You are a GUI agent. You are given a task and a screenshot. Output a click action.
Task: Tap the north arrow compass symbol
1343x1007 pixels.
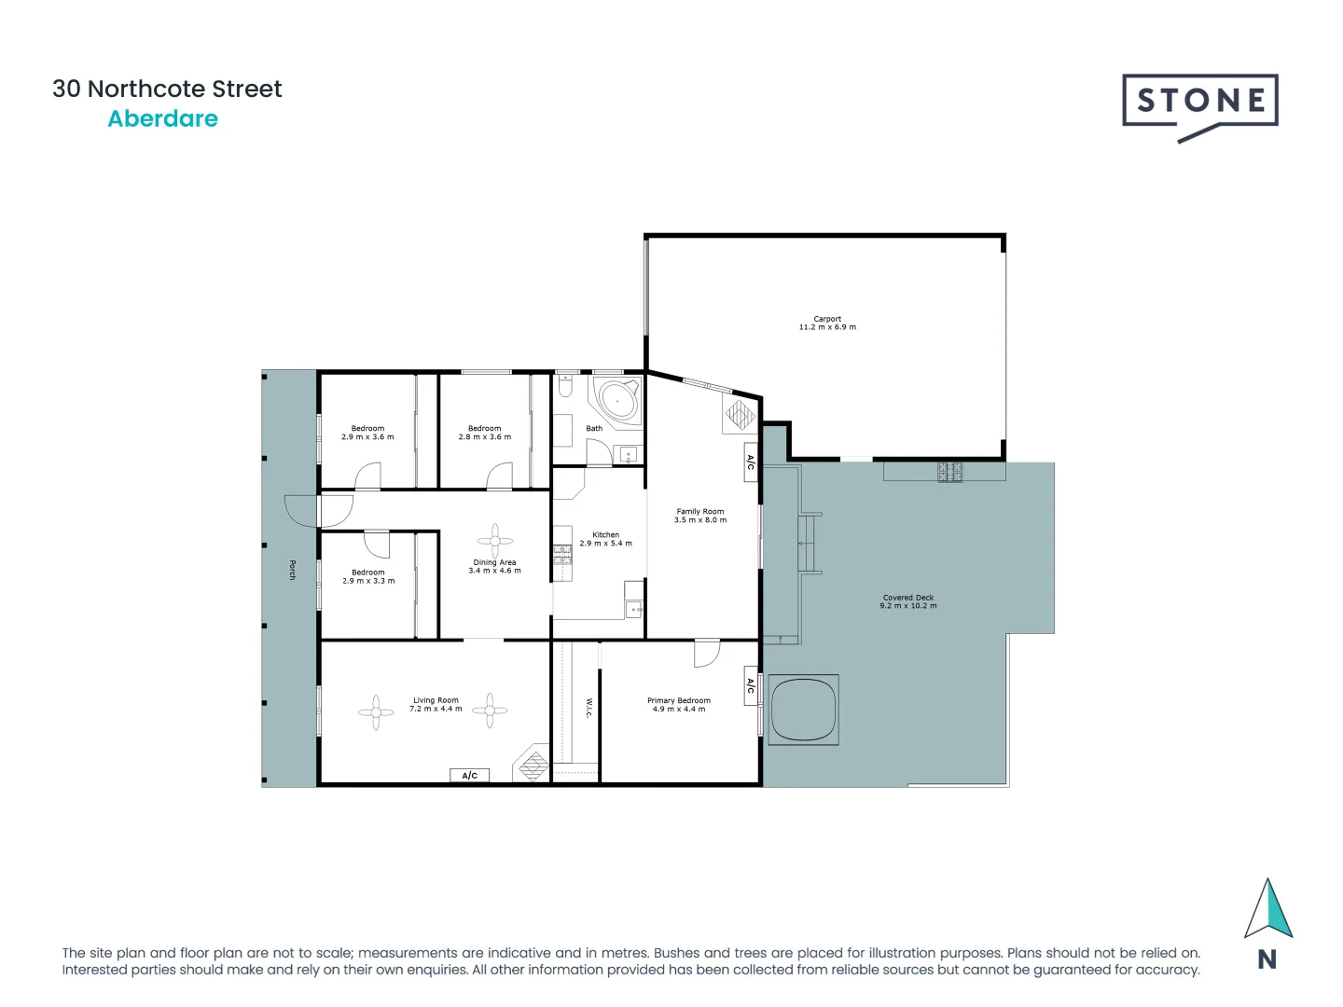click(x=1267, y=910)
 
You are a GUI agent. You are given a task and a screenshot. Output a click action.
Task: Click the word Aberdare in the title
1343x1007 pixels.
click(x=163, y=119)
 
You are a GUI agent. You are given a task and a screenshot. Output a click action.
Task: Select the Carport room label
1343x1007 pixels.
click(x=827, y=319)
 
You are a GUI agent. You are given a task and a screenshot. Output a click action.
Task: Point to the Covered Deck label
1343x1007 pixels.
click(x=908, y=598)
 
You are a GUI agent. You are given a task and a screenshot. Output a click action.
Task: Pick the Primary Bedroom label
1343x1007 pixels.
click(x=679, y=700)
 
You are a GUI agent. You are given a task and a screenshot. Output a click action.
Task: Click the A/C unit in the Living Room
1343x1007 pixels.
click(x=470, y=776)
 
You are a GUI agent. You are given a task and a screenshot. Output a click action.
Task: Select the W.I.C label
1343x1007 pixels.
click(x=589, y=708)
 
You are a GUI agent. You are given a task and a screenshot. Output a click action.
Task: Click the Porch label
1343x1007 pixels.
click(x=292, y=570)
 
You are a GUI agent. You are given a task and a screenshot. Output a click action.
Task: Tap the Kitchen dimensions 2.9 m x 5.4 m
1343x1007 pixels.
click(x=606, y=544)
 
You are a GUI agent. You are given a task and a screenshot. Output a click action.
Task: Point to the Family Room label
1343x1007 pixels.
click(x=700, y=511)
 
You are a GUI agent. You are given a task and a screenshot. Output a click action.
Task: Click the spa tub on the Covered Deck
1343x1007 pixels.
click(x=803, y=710)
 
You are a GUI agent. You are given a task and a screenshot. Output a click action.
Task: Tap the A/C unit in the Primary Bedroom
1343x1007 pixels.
click(x=751, y=685)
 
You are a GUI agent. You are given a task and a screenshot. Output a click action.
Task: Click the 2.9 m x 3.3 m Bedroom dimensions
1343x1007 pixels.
click(x=368, y=581)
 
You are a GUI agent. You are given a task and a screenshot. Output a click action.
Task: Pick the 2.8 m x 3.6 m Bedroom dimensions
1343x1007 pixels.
click(x=485, y=437)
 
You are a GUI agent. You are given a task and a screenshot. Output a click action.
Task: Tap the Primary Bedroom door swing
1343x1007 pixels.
click(x=706, y=653)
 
